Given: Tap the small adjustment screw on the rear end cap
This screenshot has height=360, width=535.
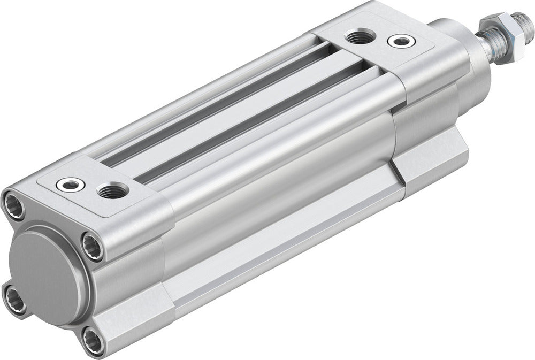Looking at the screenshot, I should (x=71, y=185).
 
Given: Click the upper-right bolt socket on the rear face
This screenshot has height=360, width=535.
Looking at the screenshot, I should (x=93, y=246).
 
